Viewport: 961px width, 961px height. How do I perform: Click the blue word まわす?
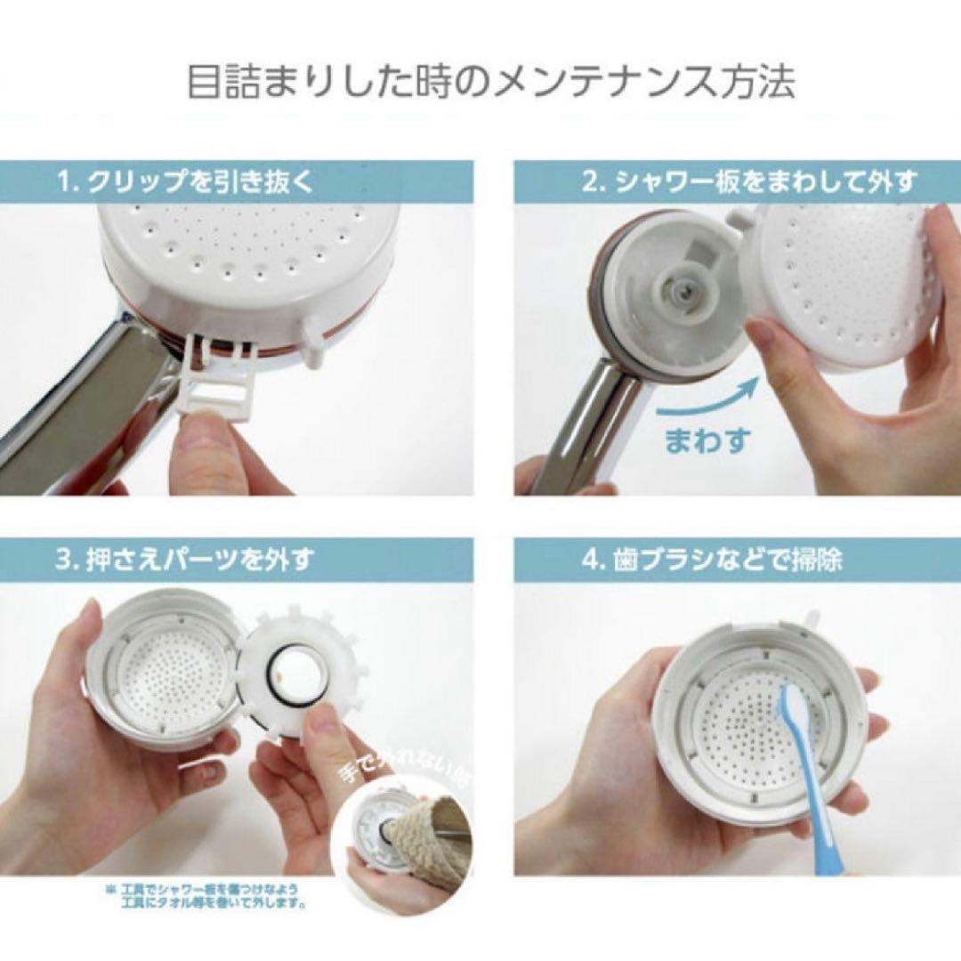pos(707,440)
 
